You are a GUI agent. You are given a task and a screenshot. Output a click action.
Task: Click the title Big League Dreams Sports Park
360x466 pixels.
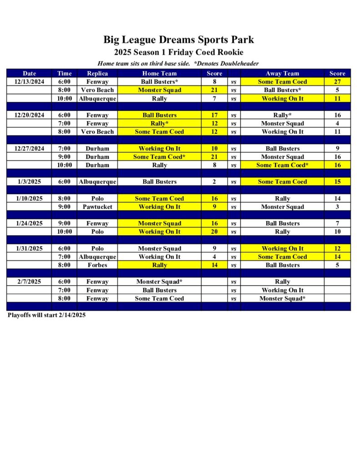[x=178, y=40]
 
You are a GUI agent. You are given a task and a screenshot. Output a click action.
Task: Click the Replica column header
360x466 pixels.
[x=97, y=73]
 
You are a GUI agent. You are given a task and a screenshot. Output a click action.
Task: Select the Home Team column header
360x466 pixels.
[x=159, y=73]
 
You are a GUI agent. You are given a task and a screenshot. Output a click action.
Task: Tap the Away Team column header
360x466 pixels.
[x=282, y=73]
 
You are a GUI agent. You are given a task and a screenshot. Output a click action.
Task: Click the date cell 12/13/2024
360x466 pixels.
[x=29, y=82]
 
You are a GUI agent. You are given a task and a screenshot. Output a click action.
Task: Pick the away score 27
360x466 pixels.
[x=337, y=82]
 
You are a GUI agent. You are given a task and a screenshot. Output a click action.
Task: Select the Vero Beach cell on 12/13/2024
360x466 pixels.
[x=97, y=90]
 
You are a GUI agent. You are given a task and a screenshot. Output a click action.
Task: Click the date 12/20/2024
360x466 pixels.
[x=29, y=115]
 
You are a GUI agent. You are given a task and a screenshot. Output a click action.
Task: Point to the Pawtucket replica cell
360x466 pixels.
[x=97, y=207]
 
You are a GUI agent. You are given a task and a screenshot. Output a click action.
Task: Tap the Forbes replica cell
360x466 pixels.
[x=97, y=265]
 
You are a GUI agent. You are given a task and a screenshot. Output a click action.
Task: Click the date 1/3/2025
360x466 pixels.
[x=29, y=182]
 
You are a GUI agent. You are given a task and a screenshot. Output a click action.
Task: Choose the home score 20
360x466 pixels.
[x=214, y=232]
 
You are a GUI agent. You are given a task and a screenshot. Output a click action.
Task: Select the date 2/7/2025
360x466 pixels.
[x=29, y=282]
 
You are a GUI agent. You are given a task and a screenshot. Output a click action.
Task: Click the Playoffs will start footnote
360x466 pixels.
[x=46, y=315]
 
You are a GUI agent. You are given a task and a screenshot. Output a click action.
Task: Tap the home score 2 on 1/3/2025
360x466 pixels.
[x=214, y=182]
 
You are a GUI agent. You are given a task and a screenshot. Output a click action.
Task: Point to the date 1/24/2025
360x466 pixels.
[x=29, y=223]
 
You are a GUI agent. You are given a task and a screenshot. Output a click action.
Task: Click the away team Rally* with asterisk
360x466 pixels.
[x=282, y=115]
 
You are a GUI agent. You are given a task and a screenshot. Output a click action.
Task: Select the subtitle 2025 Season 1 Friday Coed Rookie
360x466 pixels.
[x=178, y=52]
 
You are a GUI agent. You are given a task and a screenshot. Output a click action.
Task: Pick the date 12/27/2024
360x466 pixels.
[x=29, y=148]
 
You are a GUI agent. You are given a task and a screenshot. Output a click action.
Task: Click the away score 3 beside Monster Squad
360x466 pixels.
[x=337, y=207]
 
